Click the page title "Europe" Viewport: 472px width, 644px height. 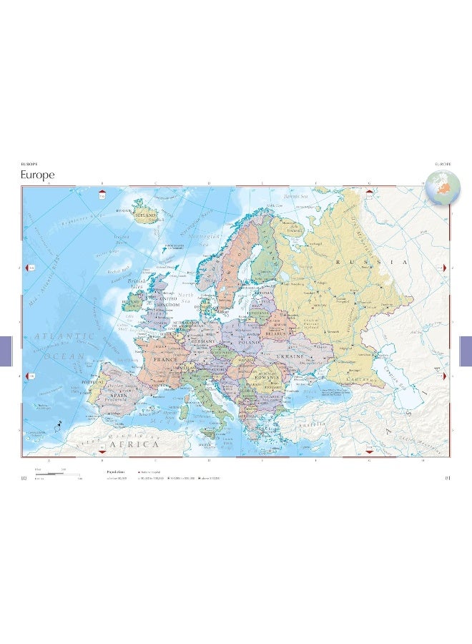[37, 175]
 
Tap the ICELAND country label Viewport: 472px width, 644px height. [147, 213]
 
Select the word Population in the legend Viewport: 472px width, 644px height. [116, 472]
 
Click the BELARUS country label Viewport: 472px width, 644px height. [275, 333]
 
